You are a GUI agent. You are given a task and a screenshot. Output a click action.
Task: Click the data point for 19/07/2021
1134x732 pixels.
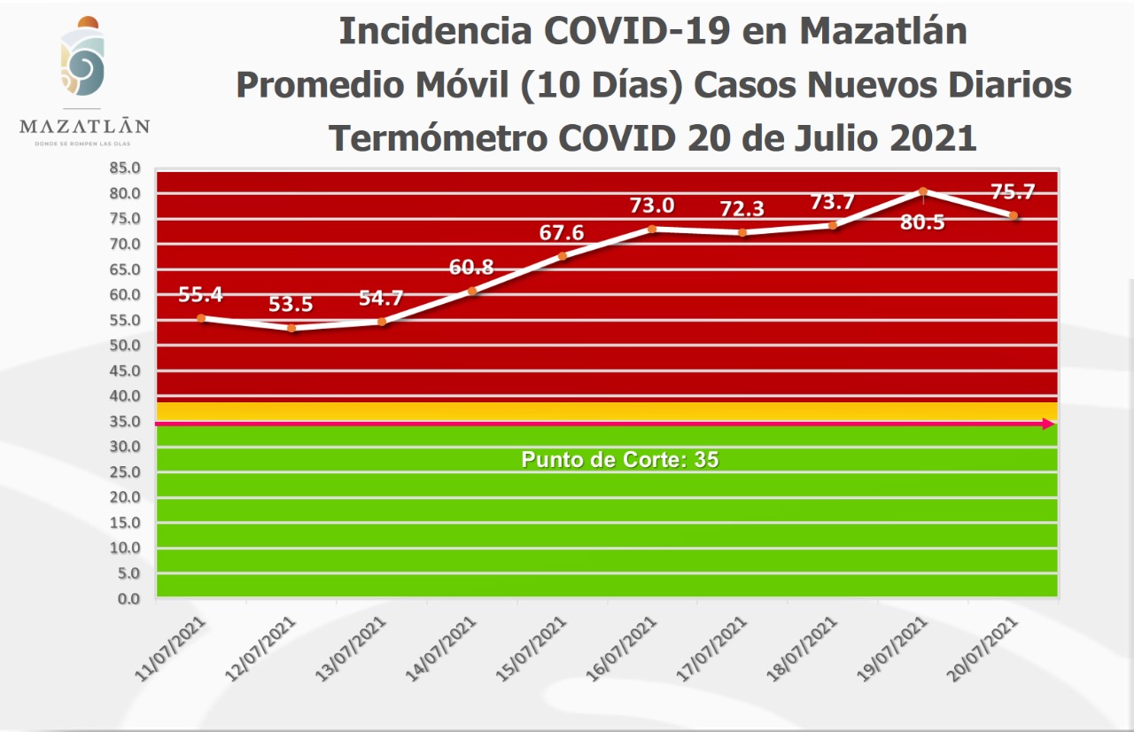pos(923,191)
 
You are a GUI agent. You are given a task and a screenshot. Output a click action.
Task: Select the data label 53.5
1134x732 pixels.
pos(291,304)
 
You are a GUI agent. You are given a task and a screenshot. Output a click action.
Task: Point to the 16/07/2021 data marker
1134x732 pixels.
pos(652,229)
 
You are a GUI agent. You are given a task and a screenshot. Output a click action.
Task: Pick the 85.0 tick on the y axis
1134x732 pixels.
pos(125,167)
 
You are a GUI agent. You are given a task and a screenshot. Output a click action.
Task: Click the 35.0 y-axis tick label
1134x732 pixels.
pos(125,421)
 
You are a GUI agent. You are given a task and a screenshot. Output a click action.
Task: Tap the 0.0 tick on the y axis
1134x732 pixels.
pos(128,599)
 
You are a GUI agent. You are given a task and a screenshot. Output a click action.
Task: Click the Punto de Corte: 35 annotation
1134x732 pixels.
pos(619,460)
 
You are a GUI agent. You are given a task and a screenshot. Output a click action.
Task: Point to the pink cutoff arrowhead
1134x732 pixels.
pos(1048,424)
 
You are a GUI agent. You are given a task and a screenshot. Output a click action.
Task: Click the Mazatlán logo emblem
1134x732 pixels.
pos(83,60)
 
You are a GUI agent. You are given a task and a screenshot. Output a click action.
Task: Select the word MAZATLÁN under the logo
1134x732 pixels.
pos(84,126)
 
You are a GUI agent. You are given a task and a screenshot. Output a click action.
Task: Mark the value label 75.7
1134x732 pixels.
pos(1013,192)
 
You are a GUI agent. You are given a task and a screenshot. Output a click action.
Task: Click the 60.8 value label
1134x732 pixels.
pos(471,266)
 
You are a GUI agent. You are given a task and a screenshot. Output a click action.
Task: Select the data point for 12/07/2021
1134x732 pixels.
pos(291,328)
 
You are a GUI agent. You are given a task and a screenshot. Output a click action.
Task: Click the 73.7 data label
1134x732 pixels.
pos(834,202)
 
